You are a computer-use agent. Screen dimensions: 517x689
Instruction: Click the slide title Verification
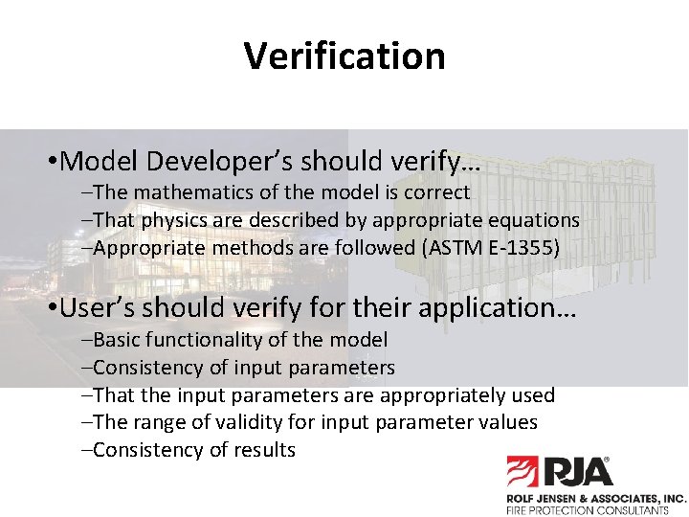point(344,56)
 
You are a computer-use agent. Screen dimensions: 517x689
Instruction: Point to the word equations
point(534,220)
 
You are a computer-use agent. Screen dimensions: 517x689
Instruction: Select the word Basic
point(118,340)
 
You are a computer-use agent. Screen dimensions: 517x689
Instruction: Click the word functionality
point(212,340)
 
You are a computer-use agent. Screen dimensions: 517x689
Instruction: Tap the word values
point(507,422)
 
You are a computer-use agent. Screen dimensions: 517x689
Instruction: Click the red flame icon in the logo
point(524,473)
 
